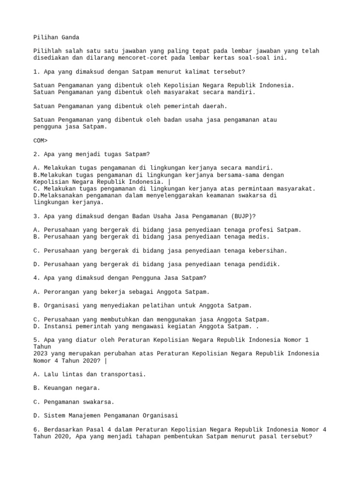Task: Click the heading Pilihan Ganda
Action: (x=56, y=37)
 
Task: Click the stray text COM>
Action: (x=40, y=140)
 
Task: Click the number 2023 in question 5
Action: (x=40, y=353)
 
